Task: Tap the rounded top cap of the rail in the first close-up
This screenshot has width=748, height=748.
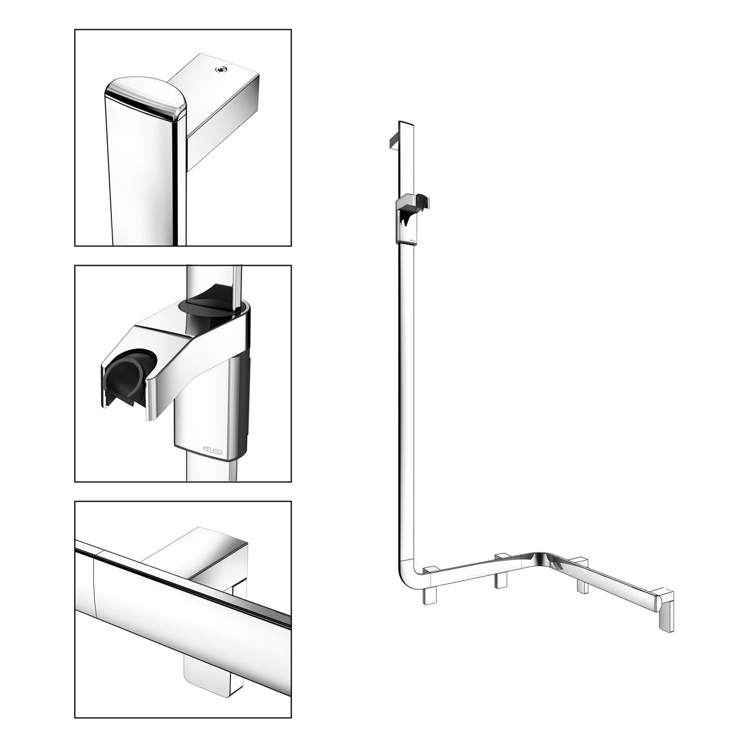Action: point(145,97)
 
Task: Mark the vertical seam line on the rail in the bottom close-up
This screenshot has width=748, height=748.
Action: point(95,583)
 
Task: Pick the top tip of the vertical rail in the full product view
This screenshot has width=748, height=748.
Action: point(405,121)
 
